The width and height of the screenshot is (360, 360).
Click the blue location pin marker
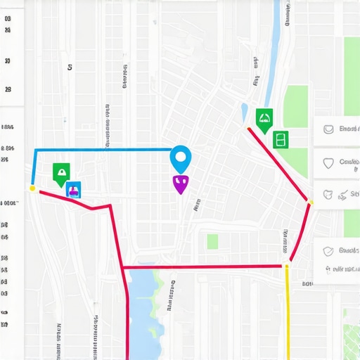click(181, 157)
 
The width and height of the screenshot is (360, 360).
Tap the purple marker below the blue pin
click(180, 184)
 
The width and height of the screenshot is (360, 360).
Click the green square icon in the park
click(281, 139)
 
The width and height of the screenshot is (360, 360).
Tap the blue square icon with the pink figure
click(73, 189)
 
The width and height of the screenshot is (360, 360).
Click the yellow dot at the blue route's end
click(32, 188)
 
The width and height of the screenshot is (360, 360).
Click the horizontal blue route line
click(105, 150)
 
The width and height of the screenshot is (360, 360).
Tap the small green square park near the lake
click(212, 242)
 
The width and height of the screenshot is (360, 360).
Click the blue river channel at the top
click(271, 56)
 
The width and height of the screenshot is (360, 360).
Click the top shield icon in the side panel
click(328, 129)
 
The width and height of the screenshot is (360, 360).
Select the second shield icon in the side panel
click(328, 162)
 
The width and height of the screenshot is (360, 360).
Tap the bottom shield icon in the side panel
click(328, 251)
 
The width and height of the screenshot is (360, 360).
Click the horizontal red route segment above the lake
click(204, 266)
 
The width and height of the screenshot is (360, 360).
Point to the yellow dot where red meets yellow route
click(286, 266)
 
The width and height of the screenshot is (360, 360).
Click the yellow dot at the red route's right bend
click(310, 202)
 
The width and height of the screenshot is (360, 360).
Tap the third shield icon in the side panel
click(328, 193)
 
